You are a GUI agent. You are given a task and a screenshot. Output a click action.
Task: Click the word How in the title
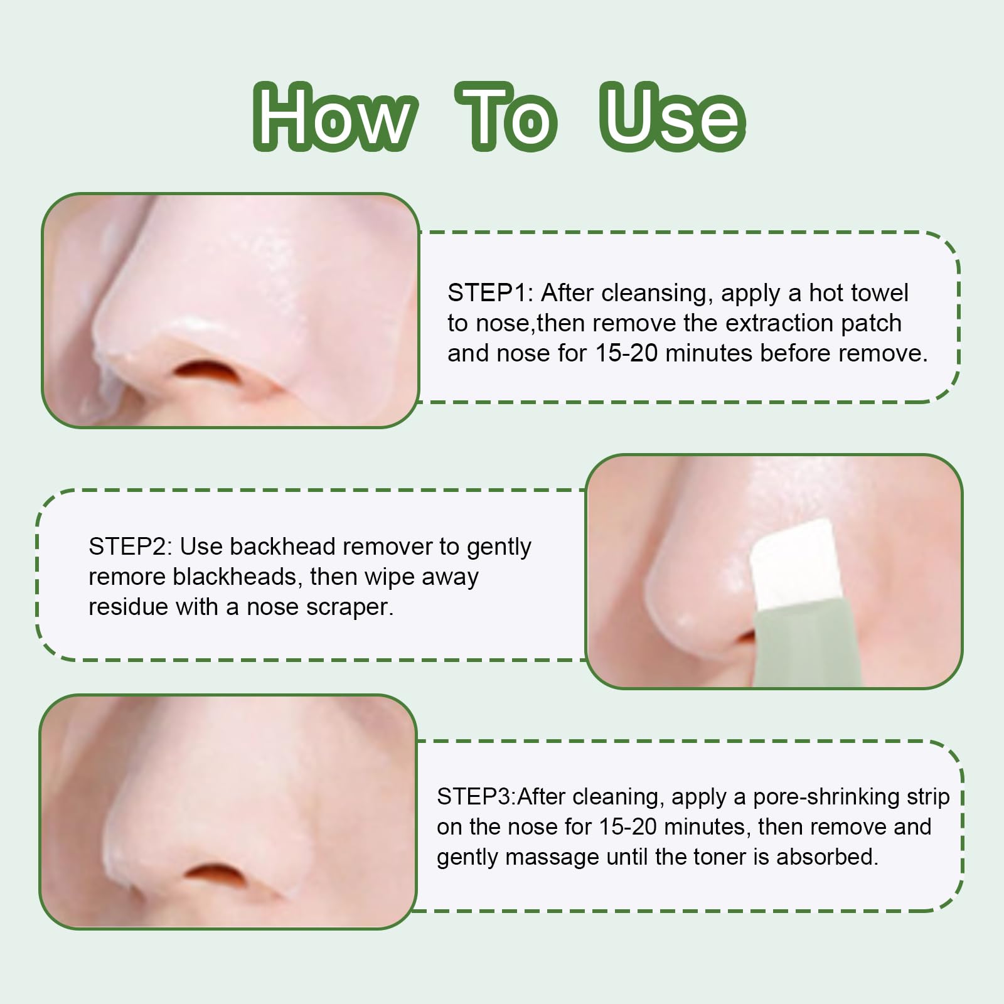coord(335,117)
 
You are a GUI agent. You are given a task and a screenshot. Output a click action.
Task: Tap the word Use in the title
coord(672,117)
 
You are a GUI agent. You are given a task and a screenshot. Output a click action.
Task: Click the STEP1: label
coord(490,293)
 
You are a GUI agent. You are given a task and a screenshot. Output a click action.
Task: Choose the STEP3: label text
coord(476,796)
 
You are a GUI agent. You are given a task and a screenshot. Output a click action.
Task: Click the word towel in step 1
coord(878,293)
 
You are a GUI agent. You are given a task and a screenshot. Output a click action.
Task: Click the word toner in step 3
coord(717,857)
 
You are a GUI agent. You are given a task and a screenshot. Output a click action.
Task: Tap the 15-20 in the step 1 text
coord(627,353)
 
